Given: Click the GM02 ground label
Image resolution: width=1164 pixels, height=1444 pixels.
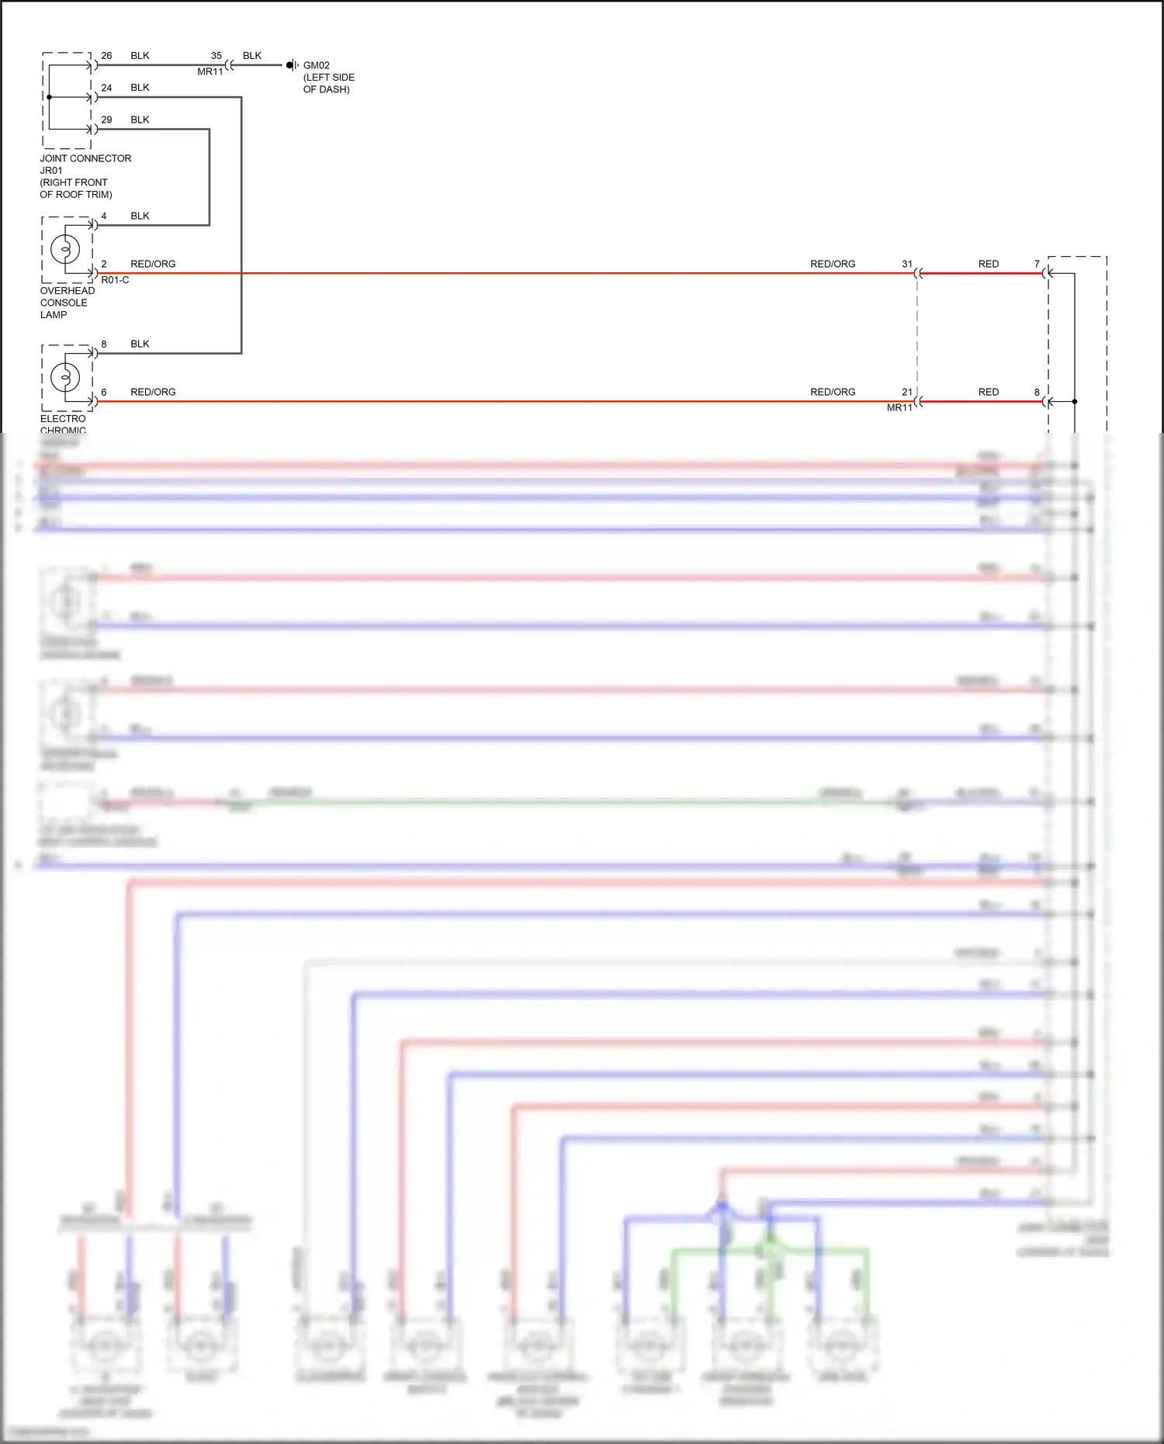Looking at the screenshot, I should pyautogui.click(x=316, y=66).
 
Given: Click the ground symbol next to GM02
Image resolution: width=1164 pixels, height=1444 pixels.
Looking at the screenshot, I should pyautogui.click(x=292, y=65).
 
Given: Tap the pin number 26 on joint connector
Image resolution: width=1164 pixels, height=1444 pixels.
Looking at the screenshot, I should pyautogui.click(x=106, y=56).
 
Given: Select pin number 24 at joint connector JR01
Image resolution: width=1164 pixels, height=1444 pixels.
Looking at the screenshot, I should pyautogui.click(x=106, y=88).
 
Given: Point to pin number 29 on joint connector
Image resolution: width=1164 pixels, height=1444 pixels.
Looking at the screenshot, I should pyautogui.click(x=106, y=119).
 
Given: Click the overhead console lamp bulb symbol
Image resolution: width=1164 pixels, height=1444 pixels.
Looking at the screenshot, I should pyautogui.click(x=65, y=249).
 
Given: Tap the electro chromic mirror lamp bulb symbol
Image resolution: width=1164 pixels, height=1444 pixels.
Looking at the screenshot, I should pyautogui.click(x=65, y=378).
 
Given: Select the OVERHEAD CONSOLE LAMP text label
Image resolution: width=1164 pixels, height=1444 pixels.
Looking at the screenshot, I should pyautogui.click(x=67, y=303).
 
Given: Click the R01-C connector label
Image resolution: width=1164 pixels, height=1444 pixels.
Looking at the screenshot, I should pyautogui.click(x=115, y=280).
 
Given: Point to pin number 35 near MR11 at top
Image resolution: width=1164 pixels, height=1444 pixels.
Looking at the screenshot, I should pyautogui.click(x=217, y=56).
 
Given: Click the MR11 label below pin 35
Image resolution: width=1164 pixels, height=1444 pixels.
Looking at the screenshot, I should pyautogui.click(x=210, y=71).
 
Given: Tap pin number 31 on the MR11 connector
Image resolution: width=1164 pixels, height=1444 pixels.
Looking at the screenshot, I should pyautogui.click(x=907, y=264).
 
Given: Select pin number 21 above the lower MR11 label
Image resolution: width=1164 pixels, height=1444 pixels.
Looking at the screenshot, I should pyautogui.click(x=907, y=392).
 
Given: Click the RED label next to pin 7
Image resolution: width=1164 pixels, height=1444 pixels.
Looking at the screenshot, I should pyautogui.click(x=989, y=264).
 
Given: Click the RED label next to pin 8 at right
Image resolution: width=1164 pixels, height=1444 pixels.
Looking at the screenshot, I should pyautogui.click(x=989, y=392).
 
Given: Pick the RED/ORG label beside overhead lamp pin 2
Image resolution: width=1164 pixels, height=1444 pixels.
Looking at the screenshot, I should pyautogui.click(x=153, y=264).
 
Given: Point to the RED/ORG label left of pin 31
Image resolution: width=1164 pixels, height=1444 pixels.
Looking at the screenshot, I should pyautogui.click(x=833, y=264).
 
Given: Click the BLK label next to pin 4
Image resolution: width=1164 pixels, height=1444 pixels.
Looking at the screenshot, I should pyautogui.click(x=140, y=216).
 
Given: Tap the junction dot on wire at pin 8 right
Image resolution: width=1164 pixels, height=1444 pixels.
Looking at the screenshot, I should pyautogui.click(x=1075, y=402).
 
